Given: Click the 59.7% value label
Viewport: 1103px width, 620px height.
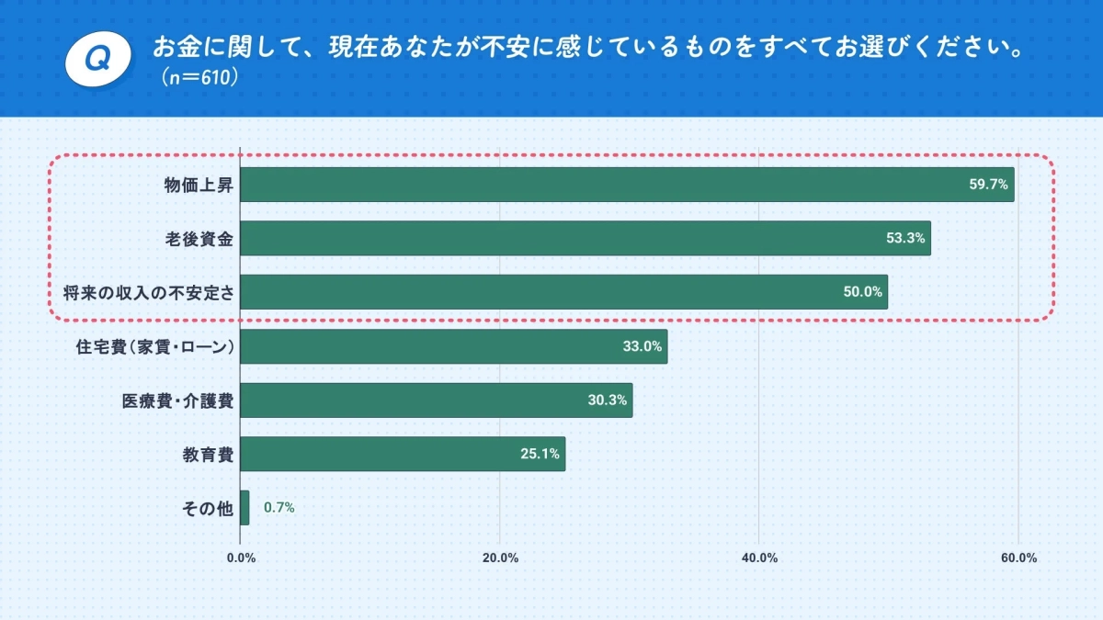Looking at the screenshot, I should tap(989, 185).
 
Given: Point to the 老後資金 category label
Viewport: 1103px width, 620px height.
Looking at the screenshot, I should tap(194, 239).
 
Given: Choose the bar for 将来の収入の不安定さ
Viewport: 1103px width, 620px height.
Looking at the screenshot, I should tap(563, 292).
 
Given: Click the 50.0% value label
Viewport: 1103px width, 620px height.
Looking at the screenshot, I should tap(863, 292).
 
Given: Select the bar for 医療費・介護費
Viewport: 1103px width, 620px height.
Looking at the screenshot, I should tap(437, 400).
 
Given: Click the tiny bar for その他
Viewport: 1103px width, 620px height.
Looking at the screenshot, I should tap(244, 508).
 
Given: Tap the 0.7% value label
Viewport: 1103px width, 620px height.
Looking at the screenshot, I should tap(279, 508).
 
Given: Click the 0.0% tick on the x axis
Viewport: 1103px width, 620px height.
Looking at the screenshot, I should tap(241, 558).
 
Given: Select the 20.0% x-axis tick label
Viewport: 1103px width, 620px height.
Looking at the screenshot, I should tap(500, 558).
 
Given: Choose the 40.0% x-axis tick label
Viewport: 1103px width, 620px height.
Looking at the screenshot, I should tap(759, 558).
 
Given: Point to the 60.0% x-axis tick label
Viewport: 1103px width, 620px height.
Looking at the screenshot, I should tap(1018, 558).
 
